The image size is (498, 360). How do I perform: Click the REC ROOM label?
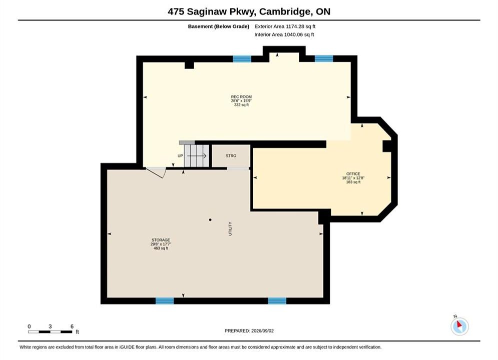coord(241,96)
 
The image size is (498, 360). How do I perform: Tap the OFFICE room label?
coord(353,174)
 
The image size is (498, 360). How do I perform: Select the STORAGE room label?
coord(161,240)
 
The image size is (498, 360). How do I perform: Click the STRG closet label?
coord(231,155)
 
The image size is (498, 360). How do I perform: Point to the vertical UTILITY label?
coord(230,228)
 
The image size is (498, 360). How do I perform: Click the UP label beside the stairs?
coord(180,155)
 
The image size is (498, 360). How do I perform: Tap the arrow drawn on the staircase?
coord(197,155)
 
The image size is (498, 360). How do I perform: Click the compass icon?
coord(459,325)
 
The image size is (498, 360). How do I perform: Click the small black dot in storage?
coord(210,219)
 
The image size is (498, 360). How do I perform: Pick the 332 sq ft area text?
coord(241,104)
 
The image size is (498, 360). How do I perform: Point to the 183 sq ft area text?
coord(353,182)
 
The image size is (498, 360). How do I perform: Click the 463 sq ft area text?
coord(161,248)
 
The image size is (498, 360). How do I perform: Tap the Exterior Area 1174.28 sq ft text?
coord(285,26)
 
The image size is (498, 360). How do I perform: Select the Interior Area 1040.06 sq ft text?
coord(284,34)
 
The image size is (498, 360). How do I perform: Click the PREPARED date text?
coord(249,330)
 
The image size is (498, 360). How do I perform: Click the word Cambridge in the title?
coord(285,11)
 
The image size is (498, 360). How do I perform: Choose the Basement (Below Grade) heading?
coord(219,26)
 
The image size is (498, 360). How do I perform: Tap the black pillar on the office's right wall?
coord(386,146)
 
